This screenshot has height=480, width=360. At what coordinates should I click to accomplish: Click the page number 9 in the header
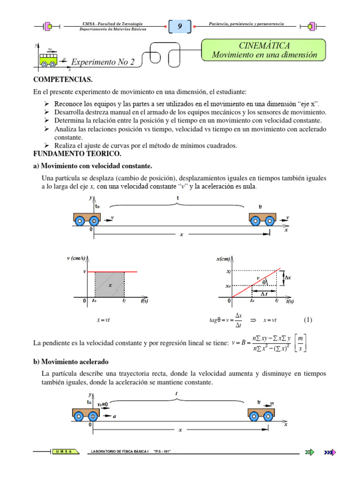coord(180,27)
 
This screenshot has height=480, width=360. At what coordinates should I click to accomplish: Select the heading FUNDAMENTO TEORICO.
coord(77,154)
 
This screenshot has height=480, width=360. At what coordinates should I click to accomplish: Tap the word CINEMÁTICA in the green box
coord(264,45)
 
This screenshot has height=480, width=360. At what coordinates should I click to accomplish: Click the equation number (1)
coord(307,320)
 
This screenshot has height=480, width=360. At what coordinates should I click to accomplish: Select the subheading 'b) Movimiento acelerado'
coord(75,362)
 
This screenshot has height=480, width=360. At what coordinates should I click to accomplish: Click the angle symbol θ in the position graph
coord(264,282)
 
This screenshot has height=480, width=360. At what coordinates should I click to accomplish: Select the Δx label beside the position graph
coord(288,278)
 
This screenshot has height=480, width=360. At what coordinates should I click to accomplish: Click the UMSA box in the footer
coord(66,452)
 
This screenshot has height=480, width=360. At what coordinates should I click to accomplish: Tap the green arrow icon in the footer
coord(309,452)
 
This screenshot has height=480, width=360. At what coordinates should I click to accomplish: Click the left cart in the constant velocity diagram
coord(87,219)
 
